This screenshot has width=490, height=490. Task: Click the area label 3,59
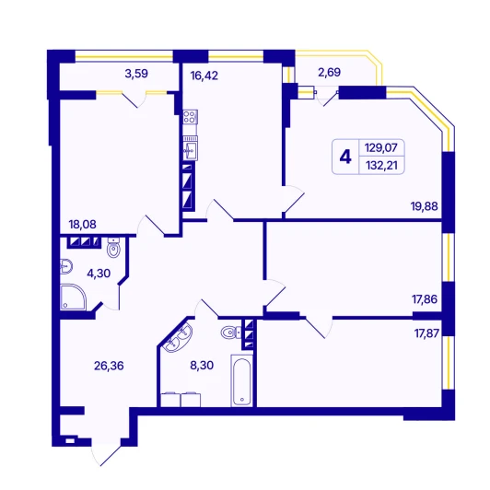(x=136, y=74)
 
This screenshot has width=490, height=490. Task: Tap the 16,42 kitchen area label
(x=204, y=76)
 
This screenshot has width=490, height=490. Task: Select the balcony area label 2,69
(x=329, y=72)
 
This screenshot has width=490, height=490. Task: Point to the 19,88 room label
(x=424, y=206)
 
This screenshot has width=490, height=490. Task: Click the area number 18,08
(x=83, y=225)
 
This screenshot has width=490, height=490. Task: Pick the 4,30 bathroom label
(x=99, y=274)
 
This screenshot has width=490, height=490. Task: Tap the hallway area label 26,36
(x=109, y=366)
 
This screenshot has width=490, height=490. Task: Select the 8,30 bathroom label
(x=202, y=365)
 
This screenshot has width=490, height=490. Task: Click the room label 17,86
(x=425, y=299)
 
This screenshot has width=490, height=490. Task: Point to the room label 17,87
(x=426, y=333)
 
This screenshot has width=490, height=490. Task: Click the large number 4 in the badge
(x=345, y=157)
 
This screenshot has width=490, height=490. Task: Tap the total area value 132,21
(x=381, y=165)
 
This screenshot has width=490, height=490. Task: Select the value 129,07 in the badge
(x=381, y=147)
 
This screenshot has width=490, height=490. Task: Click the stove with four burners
(x=190, y=117)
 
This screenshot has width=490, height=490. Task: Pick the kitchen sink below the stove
(x=190, y=148)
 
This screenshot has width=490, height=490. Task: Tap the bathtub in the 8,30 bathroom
(x=241, y=380)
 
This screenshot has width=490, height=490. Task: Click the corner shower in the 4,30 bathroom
(x=73, y=297)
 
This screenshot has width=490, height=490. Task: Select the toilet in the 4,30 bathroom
(x=113, y=248)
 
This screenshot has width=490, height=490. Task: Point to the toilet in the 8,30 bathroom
(x=231, y=332)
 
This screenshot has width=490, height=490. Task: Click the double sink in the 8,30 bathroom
(x=178, y=337)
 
